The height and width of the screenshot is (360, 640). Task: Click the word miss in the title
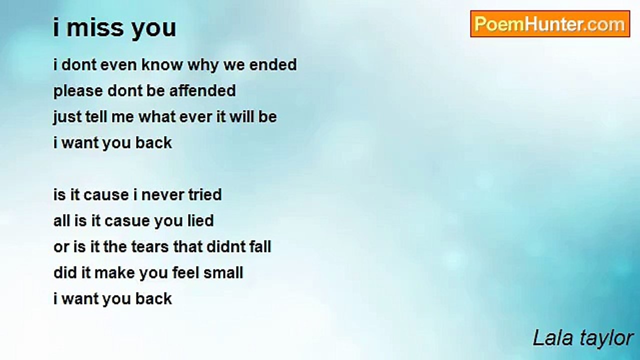click(x=95, y=27)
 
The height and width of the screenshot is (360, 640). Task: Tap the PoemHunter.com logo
click(x=550, y=24)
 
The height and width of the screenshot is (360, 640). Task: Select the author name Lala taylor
click(x=583, y=338)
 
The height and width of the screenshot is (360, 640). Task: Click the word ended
click(x=273, y=64)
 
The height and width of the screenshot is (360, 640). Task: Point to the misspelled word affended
click(x=202, y=90)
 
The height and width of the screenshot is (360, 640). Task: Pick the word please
click(x=78, y=91)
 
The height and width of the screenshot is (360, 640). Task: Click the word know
click(x=162, y=64)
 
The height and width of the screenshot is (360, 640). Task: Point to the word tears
click(x=150, y=247)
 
